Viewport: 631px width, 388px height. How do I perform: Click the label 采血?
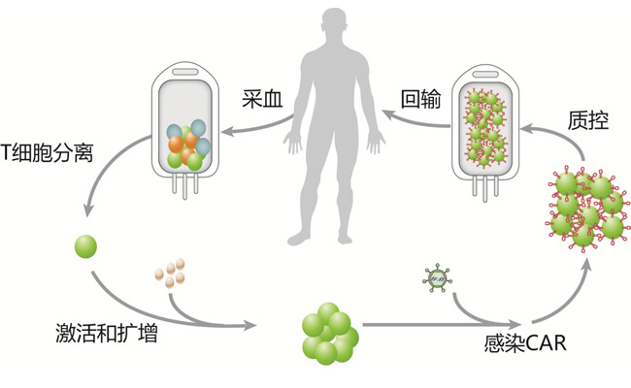(x=263, y=97)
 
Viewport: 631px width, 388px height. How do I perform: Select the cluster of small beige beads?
(x=170, y=273)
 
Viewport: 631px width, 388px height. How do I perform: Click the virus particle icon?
(x=436, y=279)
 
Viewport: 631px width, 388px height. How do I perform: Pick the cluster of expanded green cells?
(x=331, y=333)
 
